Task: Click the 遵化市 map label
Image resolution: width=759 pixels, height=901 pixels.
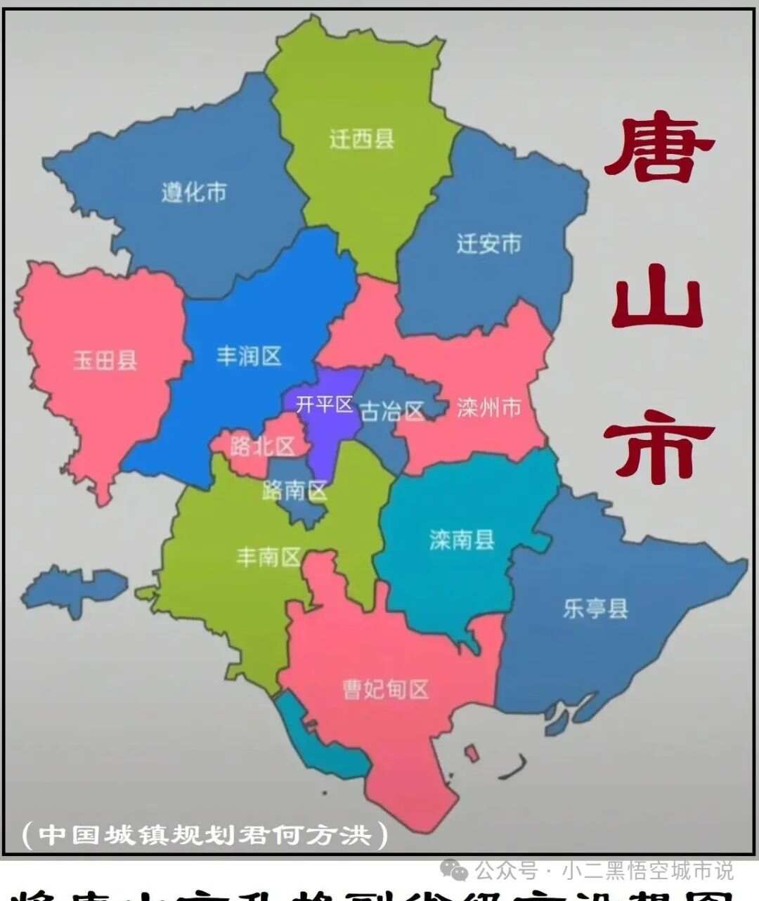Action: tap(194, 192)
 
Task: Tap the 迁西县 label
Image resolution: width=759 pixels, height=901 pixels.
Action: tap(362, 138)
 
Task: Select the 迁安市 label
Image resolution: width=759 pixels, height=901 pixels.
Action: tap(489, 244)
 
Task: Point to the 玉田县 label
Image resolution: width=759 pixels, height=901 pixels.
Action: tap(105, 361)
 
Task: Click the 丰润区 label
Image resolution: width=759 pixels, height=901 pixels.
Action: tap(249, 356)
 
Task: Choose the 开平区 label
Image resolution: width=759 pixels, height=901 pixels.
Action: tap(324, 405)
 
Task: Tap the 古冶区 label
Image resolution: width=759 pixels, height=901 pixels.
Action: tap(392, 411)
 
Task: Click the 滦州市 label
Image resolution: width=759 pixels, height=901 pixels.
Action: tap(489, 407)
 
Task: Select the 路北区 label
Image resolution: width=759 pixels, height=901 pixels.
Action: tap(262, 446)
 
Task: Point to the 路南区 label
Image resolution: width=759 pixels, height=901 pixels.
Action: tap(295, 490)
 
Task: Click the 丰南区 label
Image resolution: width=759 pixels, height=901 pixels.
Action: tap(268, 557)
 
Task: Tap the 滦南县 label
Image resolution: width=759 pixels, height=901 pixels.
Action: tap(462, 540)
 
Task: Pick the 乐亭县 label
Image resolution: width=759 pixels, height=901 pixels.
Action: tap(595, 608)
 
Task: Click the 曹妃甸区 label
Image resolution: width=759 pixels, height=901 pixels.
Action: tap(385, 689)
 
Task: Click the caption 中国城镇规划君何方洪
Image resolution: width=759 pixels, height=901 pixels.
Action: tap(205, 835)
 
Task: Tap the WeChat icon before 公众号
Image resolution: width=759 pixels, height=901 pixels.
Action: tap(460, 871)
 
